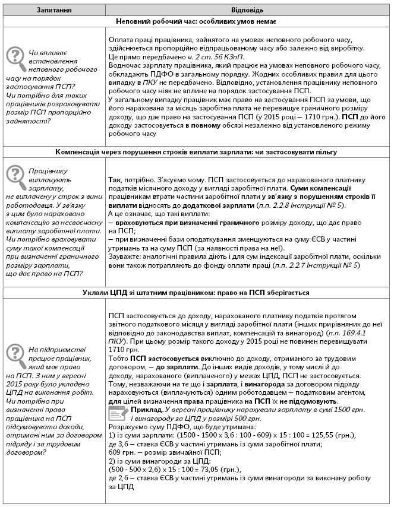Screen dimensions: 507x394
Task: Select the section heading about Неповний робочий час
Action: (x=196, y=21)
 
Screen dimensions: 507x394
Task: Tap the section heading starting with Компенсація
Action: (x=196, y=153)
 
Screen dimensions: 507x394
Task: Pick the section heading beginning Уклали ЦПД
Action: (x=196, y=292)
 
